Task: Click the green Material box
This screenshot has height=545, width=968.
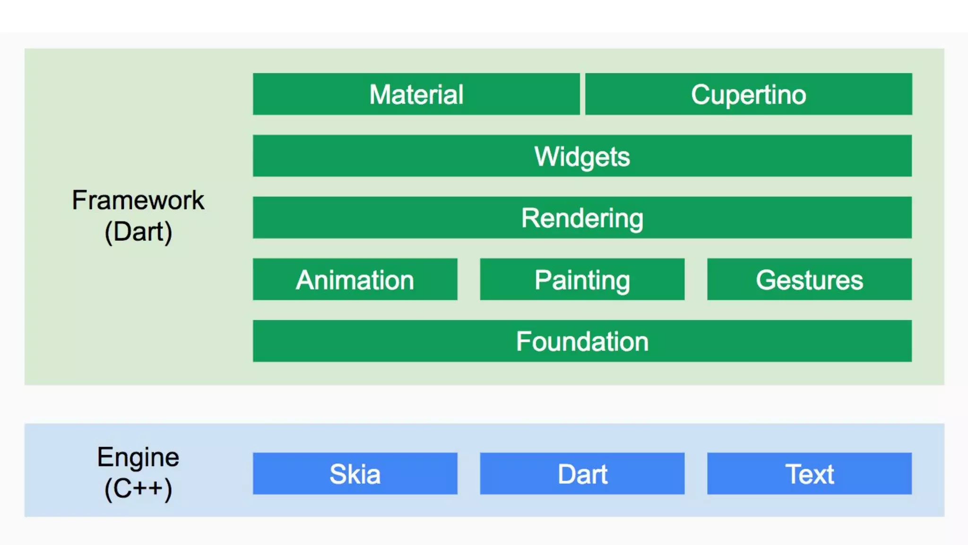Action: pyautogui.click(x=416, y=94)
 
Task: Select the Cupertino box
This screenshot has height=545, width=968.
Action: pyautogui.click(x=748, y=94)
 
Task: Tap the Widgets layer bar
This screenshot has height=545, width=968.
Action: pyautogui.click(x=582, y=156)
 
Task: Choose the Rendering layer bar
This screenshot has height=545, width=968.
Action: pyautogui.click(x=582, y=218)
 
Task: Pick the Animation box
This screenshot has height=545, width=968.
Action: pyautogui.click(x=355, y=279)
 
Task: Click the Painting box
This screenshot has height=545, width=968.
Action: pyautogui.click(x=582, y=279)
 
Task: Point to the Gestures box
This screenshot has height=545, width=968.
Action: pyautogui.click(x=809, y=279)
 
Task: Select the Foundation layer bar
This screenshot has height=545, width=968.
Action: pyautogui.click(x=582, y=341)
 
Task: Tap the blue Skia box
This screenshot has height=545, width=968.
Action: pyautogui.click(x=355, y=474)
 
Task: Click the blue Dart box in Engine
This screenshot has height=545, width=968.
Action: pyautogui.click(x=582, y=474)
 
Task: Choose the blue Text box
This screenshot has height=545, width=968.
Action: pyautogui.click(x=809, y=474)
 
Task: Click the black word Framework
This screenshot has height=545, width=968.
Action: pyautogui.click(x=138, y=200)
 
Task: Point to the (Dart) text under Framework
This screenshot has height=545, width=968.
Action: pyautogui.click(x=138, y=232)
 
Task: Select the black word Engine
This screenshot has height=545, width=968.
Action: pyautogui.click(x=138, y=457)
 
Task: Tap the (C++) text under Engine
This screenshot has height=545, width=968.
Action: pyautogui.click(x=138, y=489)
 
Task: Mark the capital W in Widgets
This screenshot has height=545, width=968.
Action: pyautogui.click(x=545, y=156)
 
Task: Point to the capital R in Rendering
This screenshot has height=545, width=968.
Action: pyautogui.click(x=529, y=218)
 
